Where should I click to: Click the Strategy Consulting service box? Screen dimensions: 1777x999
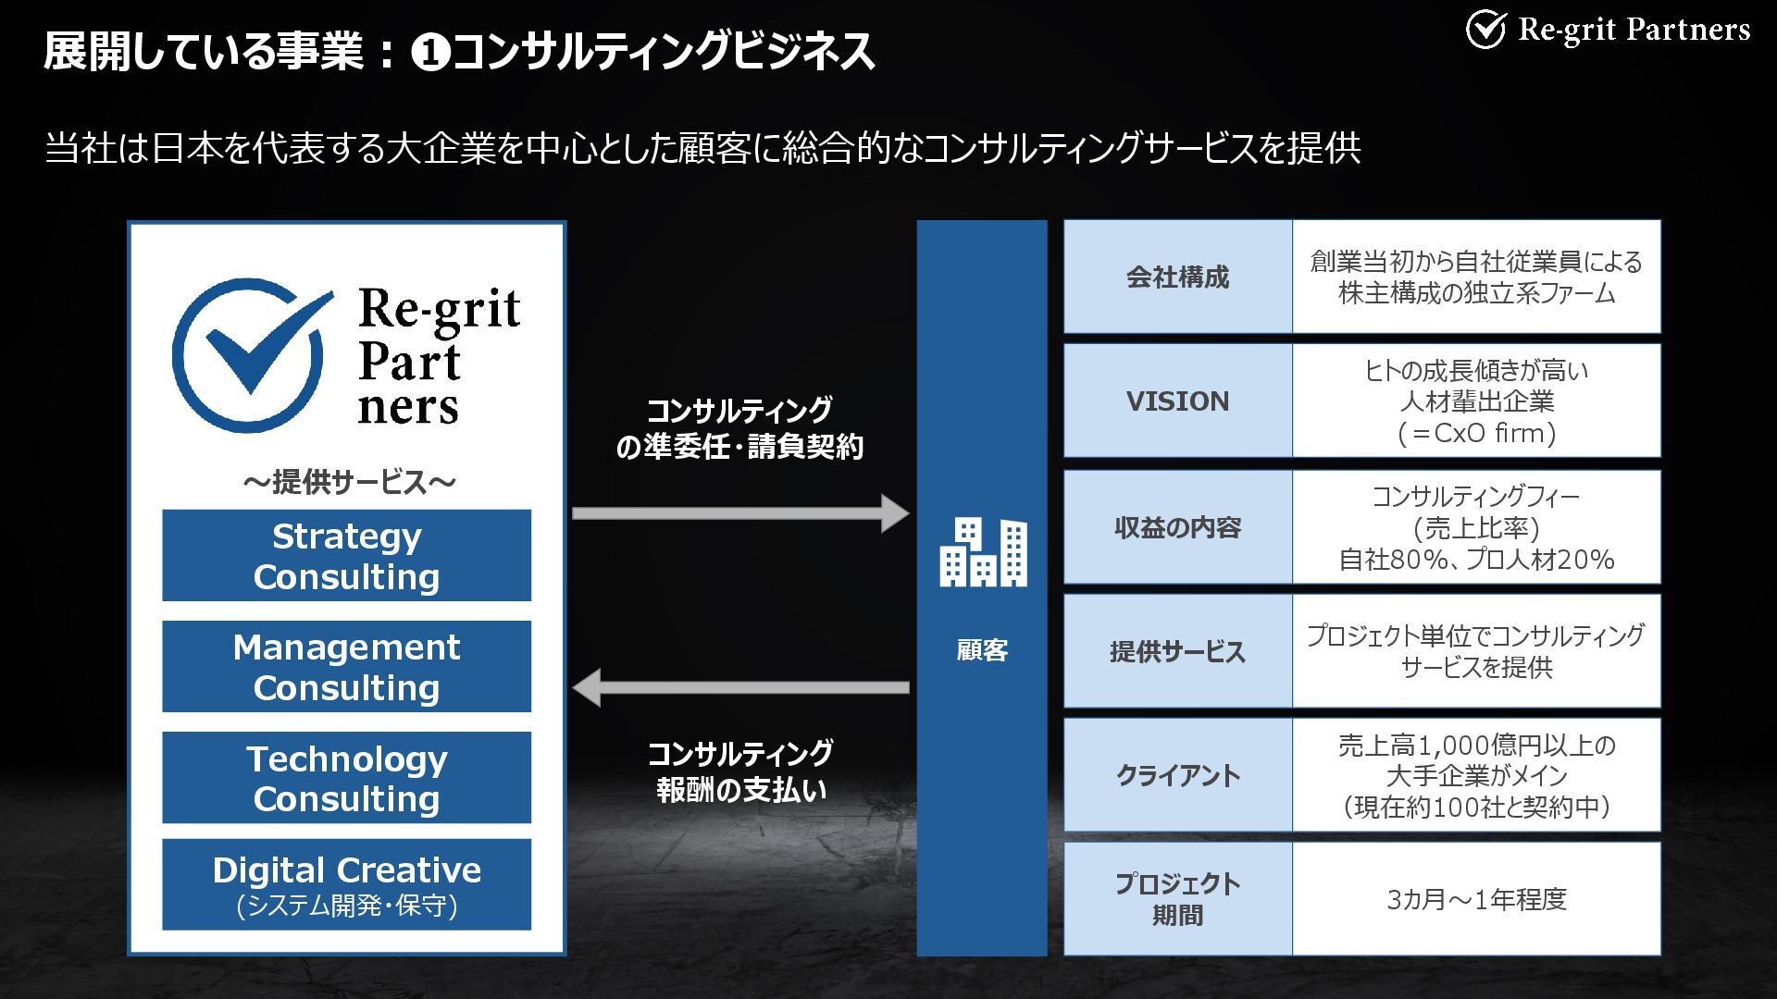point(346,555)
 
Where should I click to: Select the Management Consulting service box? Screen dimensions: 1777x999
point(346,666)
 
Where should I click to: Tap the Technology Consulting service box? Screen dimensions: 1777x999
point(346,777)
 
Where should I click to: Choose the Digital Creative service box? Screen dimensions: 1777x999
point(346,884)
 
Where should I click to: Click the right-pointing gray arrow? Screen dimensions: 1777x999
point(740,513)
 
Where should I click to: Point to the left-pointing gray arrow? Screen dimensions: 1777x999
point(740,687)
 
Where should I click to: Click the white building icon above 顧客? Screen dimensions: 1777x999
point(983,552)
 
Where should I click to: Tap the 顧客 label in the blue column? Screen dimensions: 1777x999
point(982,650)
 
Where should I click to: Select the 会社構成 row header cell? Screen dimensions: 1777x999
point(1177,277)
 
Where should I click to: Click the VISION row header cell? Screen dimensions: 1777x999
point(1177,401)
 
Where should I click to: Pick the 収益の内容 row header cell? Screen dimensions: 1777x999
point(1177,527)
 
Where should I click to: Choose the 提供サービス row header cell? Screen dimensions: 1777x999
point(1177,651)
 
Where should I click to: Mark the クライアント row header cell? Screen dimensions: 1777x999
point(1177,775)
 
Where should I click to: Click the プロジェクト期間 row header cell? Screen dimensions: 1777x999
point(1177,898)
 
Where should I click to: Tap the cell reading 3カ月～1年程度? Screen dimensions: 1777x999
point(1476,898)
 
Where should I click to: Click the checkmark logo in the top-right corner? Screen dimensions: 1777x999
point(1486,30)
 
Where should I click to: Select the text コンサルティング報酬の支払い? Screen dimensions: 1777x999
point(740,771)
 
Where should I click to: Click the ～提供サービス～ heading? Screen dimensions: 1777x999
point(349,482)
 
